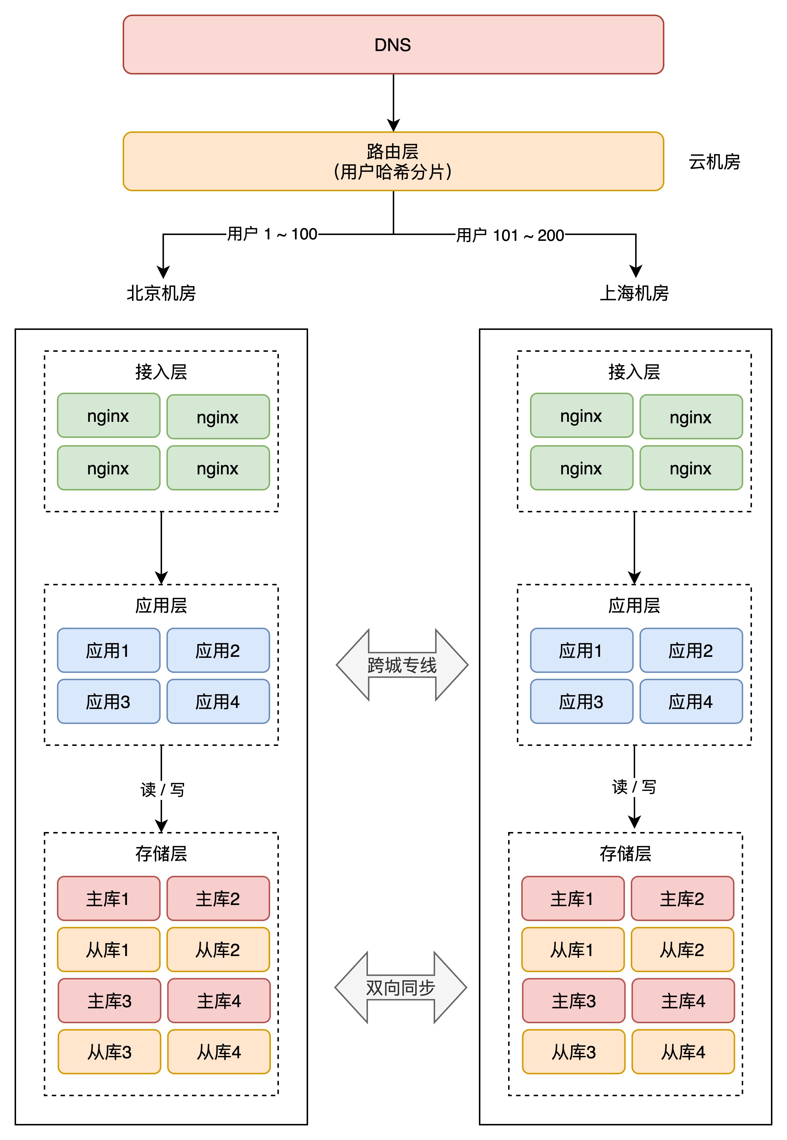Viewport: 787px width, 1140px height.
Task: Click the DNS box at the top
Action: [393, 45]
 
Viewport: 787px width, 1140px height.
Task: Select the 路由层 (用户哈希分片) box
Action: [393, 161]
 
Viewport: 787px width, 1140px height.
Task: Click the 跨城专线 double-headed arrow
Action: [402, 665]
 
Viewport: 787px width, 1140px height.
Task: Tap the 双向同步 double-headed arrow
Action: [400, 988]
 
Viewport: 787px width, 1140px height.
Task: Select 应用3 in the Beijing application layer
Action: [108, 701]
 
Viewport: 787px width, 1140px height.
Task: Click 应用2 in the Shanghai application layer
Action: [691, 651]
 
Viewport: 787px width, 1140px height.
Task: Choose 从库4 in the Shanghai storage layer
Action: [683, 1052]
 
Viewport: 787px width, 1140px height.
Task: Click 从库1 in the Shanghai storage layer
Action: [572, 950]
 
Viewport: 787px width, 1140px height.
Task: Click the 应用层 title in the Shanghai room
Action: [634, 605]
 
